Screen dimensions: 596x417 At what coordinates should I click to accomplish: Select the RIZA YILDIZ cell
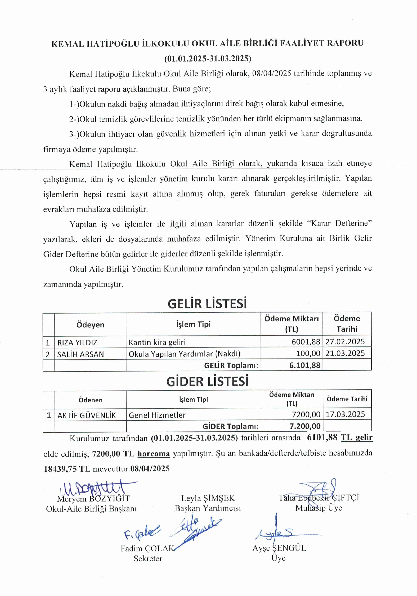77,342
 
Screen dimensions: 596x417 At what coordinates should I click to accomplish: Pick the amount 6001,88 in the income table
306,342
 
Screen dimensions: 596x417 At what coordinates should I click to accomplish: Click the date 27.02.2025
345,342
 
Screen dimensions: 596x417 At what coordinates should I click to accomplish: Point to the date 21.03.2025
345,353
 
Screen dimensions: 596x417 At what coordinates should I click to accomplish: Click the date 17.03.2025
345,414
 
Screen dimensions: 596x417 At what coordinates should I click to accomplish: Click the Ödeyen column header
90,325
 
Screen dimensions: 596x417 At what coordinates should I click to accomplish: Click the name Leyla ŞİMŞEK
208,498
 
